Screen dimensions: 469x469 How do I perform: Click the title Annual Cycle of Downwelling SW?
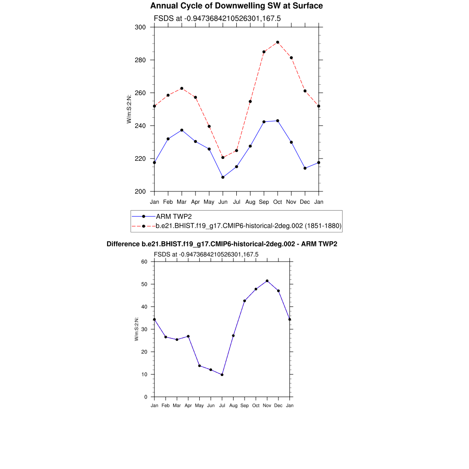tap(236, 6)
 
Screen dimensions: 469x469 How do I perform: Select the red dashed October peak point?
tap(278, 42)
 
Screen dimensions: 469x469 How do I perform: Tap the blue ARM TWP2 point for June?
tap(223, 177)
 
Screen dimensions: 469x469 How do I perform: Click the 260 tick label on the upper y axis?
tap(140, 93)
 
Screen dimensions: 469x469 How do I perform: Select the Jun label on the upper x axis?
tap(223, 202)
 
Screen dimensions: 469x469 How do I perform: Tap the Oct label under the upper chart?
tap(278, 202)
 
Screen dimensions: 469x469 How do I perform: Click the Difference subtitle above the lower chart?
tap(222, 244)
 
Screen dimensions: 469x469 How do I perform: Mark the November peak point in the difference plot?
tap(267, 281)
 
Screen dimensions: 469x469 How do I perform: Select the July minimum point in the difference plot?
tap(222, 375)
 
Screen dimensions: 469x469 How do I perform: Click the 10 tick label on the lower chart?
tap(145, 374)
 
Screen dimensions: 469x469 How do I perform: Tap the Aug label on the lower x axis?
tap(233, 405)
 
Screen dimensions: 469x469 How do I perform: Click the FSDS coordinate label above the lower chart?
tap(206, 254)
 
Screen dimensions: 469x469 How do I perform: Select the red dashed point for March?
tap(182, 88)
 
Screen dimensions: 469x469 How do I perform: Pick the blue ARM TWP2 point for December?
tap(305, 168)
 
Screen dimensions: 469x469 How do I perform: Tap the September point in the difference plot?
tap(245, 301)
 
